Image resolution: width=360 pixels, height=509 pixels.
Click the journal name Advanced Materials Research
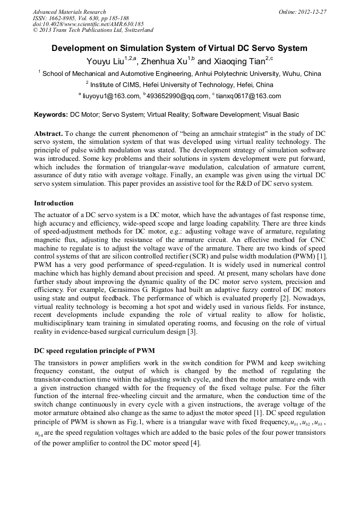click(69, 12)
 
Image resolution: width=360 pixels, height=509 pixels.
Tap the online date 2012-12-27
click(313, 12)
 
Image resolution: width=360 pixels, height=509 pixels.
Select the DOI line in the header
click(88, 24)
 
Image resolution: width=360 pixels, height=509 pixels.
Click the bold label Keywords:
click(51, 114)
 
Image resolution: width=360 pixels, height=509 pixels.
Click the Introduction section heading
click(54, 203)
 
